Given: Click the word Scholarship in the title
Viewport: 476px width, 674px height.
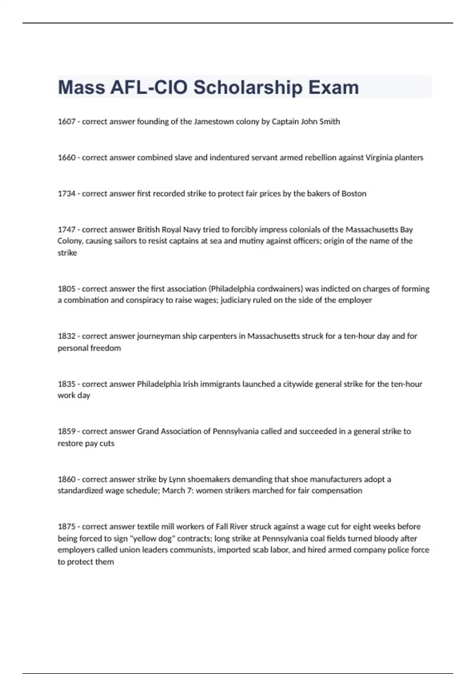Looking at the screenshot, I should coord(248,88).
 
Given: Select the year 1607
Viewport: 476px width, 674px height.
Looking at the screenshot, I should coord(66,122).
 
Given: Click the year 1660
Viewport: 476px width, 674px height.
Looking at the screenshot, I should coord(66,158).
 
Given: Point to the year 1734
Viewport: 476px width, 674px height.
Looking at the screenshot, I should coord(66,194).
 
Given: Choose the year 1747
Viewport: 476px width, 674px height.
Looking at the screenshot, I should coord(66,230).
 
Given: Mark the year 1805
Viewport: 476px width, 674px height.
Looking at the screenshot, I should coord(66,289).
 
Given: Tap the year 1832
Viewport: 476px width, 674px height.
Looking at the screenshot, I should coord(66,336).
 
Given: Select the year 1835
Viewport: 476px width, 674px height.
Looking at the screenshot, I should coord(66,384).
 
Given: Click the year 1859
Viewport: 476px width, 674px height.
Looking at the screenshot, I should coord(66,431).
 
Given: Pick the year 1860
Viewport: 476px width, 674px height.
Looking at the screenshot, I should coord(66,479).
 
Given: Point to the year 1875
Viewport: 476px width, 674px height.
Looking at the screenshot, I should coord(66,527).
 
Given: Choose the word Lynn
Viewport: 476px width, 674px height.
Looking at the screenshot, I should coord(177,479).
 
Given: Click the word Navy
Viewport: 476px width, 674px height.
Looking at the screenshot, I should coord(192,230).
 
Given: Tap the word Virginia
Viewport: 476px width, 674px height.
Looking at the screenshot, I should coord(378,158).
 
